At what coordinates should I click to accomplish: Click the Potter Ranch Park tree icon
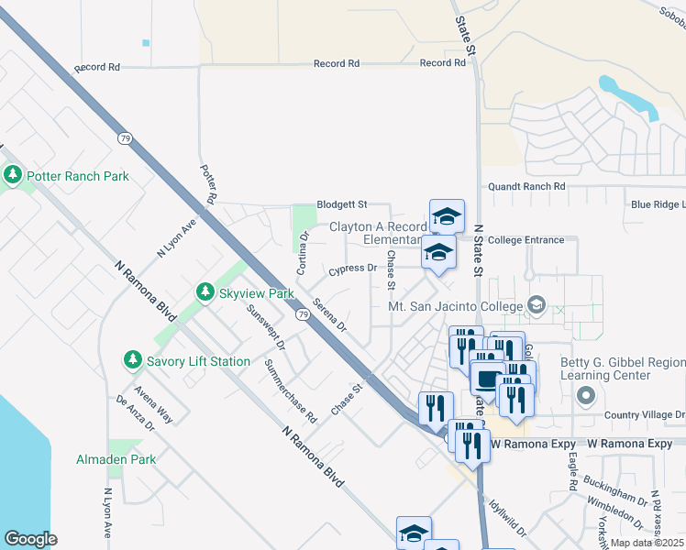coord(14,175)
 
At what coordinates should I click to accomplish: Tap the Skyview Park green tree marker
coord(206,293)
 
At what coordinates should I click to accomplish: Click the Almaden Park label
coord(116,459)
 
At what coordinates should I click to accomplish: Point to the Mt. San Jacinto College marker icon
coord(537,306)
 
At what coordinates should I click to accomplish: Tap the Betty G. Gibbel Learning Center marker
coord(587,396)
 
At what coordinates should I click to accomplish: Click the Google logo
coord(30,539)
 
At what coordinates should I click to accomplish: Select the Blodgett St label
coord(341,204)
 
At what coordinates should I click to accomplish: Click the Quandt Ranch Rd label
coord(526,186)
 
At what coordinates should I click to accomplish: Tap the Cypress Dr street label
coord(352,269)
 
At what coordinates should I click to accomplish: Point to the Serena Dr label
coord(329,314)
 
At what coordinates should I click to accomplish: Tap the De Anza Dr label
coord(132,413)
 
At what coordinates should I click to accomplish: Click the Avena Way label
coord(157,401)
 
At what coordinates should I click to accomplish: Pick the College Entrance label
coord(526,240)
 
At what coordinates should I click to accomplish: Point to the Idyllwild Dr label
coord(507,517)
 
